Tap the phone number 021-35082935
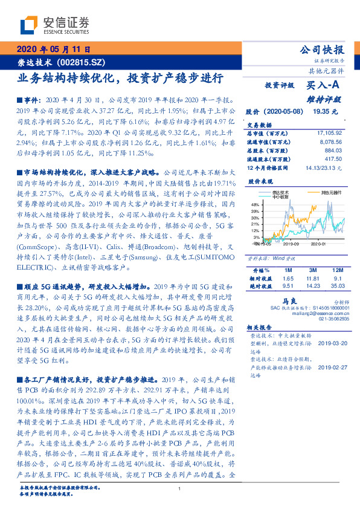click(335, 319)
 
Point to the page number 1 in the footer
click(180, 488)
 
